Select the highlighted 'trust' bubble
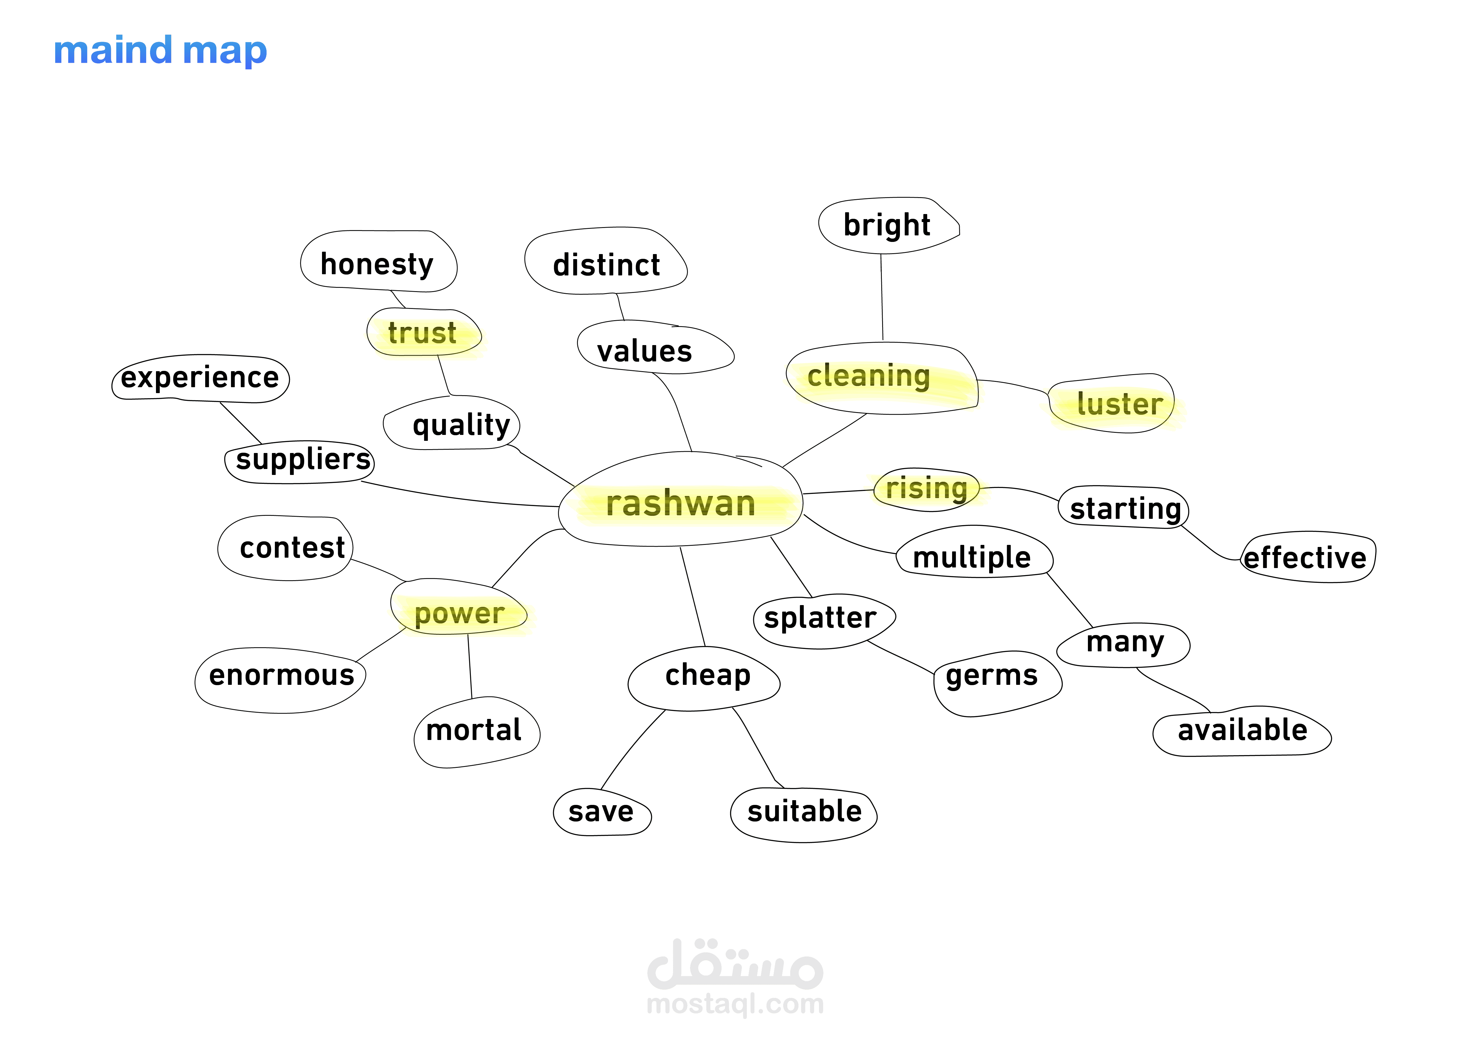click(x=423, y=333)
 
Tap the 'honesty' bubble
click(x=377, y=263)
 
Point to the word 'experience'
click(x=200, y=377)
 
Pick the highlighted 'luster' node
click(x=1119, y=404)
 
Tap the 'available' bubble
click(x=1242, y=730)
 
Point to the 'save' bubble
click(x=601, y=812)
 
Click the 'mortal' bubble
click(x=474, y=730)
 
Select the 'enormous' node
click(x=282, y=676)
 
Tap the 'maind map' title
click(x=160, y=51)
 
